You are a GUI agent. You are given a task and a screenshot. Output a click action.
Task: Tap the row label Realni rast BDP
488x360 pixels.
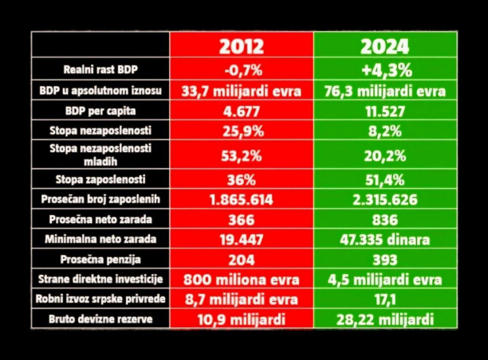coord(101,69)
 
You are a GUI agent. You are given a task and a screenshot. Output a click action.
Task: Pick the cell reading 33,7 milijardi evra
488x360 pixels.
coord(241,91)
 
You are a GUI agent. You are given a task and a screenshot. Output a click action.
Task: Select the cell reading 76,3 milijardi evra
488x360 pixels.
coord(385,91)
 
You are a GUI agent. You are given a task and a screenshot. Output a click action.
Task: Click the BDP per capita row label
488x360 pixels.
coord(101,111)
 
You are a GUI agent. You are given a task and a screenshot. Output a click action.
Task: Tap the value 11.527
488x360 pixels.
coord(385,111)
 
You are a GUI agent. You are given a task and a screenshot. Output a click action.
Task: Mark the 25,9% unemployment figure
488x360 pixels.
coord(241,131)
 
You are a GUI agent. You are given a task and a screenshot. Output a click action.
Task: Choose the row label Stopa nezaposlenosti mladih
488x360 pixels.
coord(101,155)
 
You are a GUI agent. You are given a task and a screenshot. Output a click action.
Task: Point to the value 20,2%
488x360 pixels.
coord(385,156)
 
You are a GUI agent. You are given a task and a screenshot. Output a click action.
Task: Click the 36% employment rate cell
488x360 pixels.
coord(241,179)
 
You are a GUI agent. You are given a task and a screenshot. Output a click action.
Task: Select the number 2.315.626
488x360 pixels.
coord(385,200)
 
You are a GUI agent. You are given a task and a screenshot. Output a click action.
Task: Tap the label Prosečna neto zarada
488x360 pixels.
coord(101,220)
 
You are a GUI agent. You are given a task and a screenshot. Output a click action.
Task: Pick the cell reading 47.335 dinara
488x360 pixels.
coord(385,240)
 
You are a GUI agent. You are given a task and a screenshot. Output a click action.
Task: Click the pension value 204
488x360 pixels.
coord(241,260)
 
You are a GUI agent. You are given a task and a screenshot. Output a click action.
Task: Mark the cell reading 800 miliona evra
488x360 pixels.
coord(241,280)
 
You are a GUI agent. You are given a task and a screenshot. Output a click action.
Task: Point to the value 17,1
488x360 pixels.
coord(385,299)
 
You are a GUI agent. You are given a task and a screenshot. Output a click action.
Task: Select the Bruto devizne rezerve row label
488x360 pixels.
coord(101,319)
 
